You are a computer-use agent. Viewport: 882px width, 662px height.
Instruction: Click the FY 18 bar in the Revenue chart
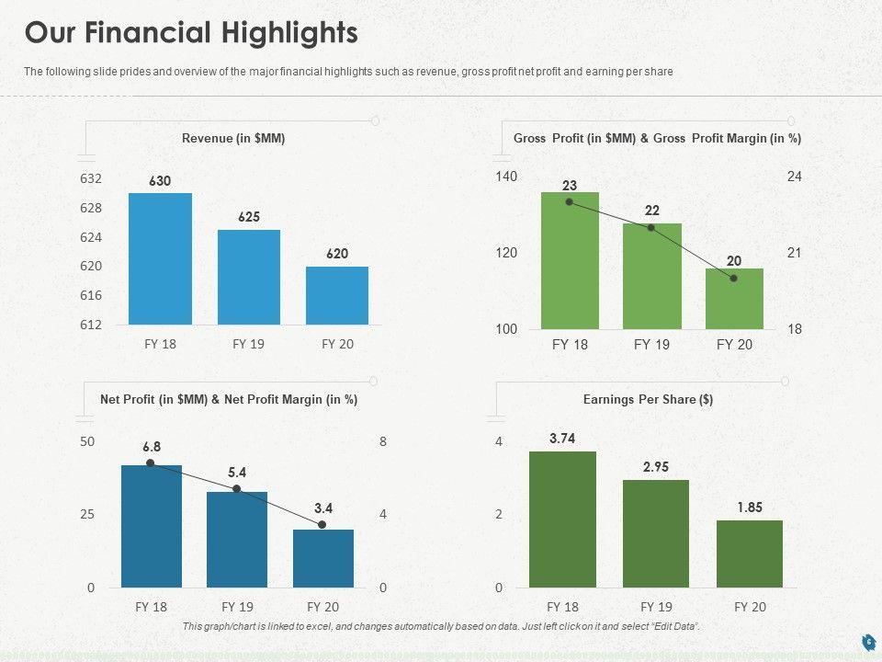160,258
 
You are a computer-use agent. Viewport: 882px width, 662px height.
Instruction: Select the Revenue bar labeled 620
337,295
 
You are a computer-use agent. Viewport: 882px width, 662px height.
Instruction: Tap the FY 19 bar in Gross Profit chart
651,276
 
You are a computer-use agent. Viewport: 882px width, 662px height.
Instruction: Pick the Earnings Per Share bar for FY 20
750,554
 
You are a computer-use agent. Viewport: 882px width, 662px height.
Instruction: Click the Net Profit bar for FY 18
152,526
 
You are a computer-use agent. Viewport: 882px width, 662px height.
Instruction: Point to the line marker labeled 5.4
237,489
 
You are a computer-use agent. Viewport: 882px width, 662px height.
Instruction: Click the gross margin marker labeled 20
733,278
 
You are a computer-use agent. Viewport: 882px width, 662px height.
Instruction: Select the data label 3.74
562,439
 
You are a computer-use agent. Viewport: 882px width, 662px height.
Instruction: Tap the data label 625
249,217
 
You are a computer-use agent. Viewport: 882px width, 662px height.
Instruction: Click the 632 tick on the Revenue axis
90,177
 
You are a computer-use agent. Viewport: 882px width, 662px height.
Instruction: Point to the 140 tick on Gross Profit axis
507,176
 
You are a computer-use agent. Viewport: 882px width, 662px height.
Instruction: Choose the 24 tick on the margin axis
795,176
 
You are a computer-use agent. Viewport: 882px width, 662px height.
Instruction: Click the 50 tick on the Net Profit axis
87,441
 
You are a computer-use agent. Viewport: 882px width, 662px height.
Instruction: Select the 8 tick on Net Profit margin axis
383,441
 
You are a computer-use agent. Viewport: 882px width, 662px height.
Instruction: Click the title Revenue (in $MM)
233,138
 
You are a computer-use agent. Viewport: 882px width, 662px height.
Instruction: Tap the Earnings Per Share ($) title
649,400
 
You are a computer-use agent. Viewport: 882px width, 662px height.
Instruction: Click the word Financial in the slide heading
158,33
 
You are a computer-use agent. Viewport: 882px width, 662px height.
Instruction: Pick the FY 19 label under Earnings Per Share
656,607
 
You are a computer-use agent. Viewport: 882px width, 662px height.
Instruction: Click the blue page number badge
867,641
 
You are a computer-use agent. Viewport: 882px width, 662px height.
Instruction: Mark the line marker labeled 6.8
151,462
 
